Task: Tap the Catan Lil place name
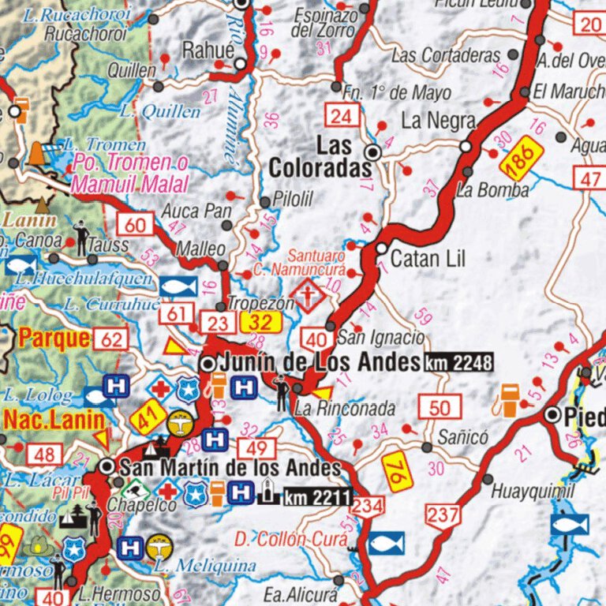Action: [x=428, y=258]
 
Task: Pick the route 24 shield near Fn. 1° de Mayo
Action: [x=341, y=117]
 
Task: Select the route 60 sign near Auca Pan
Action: [x=135, y=225]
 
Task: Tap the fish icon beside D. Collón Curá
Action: [x=386, y=543]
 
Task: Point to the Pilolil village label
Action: [x=293, y=201]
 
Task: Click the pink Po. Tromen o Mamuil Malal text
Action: [x=130, y=174]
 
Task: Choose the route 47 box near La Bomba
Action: [x=590, y=178]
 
